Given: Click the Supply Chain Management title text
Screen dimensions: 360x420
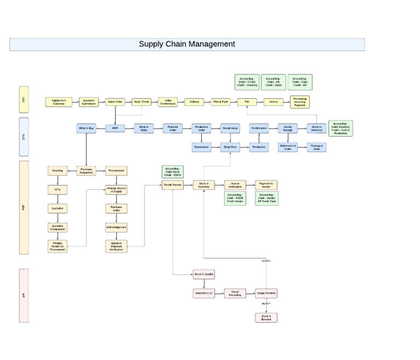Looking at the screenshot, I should [186, 44].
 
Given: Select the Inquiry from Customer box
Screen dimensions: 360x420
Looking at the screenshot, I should [59, 102].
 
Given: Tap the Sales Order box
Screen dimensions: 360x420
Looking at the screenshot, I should [115, 102].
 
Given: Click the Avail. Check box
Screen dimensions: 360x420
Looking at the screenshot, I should [142, 102].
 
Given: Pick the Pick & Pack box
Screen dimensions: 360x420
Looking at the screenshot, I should [221, 102].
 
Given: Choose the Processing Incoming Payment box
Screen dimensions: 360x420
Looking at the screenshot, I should [300, 102].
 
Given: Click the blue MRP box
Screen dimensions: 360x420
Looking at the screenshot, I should [115, 129].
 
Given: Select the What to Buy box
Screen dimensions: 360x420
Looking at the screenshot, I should [86, 129].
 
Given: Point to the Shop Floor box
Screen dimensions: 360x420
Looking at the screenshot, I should [230, 147].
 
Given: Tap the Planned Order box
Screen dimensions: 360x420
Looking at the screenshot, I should [173, 129].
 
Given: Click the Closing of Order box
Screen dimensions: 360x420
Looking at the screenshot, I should [317, 147].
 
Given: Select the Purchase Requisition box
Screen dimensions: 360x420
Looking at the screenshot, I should [86, 171].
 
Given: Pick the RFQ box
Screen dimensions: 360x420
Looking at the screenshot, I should [57, 190].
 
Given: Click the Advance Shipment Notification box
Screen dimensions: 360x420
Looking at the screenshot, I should [116, 246].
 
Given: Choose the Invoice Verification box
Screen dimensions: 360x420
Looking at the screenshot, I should [235, 185].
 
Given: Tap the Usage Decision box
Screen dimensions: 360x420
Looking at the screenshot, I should [266, 293].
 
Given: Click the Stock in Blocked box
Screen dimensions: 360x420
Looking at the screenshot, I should [266, 317].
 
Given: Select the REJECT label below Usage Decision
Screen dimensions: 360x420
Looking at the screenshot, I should [266, 304].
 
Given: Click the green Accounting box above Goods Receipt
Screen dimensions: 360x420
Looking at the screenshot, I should [173, 171].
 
